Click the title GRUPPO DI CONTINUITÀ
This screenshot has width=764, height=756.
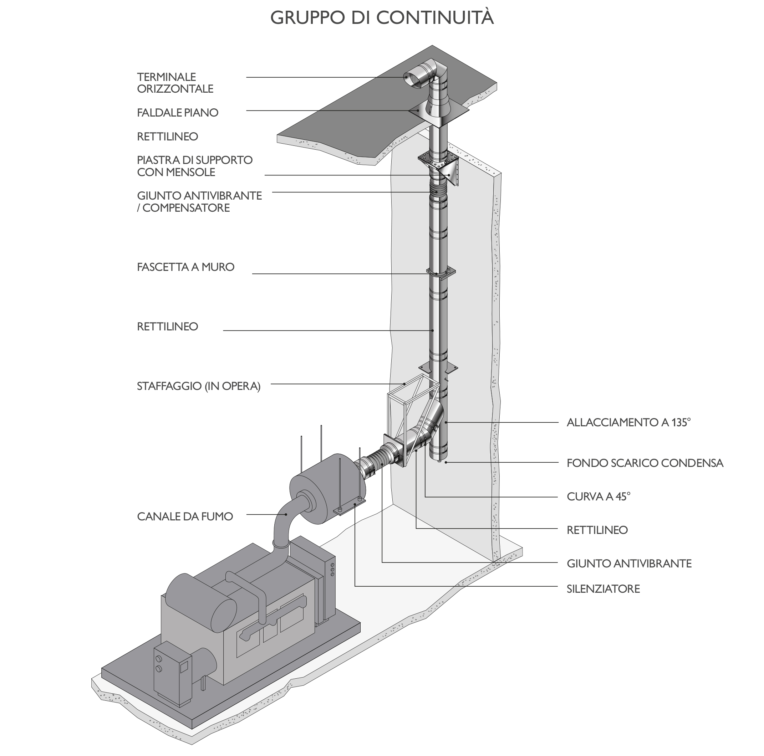click(x=382, y=17)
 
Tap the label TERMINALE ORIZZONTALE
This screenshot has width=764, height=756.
click(x=175, y=83)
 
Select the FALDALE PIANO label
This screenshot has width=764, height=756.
click(x=178, y=113)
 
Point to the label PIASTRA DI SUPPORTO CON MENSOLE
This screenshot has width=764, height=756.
click(x=194, y=166)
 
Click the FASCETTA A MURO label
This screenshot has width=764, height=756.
click(x=185, y=267)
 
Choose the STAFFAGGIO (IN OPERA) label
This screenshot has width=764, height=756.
click(x=199, y=386)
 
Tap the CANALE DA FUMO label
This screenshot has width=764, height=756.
click(x=185, y=516)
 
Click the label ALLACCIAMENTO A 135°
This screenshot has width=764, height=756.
click(x=628, y=422)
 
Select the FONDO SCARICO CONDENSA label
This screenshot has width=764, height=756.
click(x=645, y=463)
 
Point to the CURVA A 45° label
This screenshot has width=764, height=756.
click(x=598, y=497)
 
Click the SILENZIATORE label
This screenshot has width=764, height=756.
click(x=603, y=589)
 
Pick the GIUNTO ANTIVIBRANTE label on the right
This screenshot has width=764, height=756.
click(x=629, y=563)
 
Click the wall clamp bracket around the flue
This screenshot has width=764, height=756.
click(x=440, y=273)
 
